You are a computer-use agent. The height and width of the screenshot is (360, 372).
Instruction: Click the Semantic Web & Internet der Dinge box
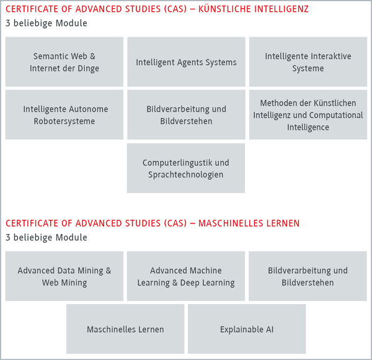pyautogui.click(x=64, y=61)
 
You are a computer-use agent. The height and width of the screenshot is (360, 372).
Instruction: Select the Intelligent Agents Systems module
pyautogui.click(x=186, y=61)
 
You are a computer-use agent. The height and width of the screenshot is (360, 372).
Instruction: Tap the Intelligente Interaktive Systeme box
pyautogui.click(x=308, y=61)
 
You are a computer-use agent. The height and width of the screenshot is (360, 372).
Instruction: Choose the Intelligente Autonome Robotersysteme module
pyautogui.click(x=64, y=114)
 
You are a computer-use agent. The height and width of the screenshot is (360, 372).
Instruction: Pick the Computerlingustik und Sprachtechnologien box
pyautogui.click(x=186, y=168)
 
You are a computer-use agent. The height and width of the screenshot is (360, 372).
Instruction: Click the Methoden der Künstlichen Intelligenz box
pyautogui.click(x=308, y=114)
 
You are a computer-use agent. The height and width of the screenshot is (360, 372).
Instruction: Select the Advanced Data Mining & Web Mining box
pyautogui.click(x=64, y=276)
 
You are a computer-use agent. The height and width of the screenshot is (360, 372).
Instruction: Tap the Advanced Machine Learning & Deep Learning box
pyautogui.click(x=186, y=276)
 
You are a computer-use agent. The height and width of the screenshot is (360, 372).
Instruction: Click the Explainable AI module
pyautogui.click(x=247, y=329)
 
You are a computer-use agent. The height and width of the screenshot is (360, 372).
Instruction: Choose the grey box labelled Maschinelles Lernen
pyautogui.click(x=125, y=329)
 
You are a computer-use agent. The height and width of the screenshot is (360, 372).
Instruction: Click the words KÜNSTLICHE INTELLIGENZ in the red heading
pyautogui.click(x=254, y=9)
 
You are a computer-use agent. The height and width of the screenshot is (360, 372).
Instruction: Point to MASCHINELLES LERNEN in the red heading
pyautogui.click(x=249, y=223)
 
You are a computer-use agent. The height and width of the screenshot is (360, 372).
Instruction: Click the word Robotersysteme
pyautogui.click(x=64, y=121)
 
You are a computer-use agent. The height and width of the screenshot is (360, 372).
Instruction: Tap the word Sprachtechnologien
pyautogui.click(x=186, y=175)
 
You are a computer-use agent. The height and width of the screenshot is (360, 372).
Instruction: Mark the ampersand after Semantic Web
pyautogui.click(x=92, y=56)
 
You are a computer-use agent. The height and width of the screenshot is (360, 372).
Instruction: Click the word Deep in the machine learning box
pyautogui.click(x=190, y=283)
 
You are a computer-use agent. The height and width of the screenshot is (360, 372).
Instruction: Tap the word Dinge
pyautogui.click(x=88, y=69)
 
